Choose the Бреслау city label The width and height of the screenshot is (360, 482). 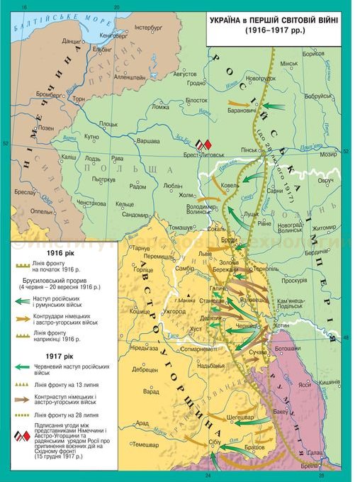[x=24, y=193]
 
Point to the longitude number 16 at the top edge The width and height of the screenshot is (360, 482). [x=24, y=6]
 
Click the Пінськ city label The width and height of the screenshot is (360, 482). [x=250, y=150]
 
